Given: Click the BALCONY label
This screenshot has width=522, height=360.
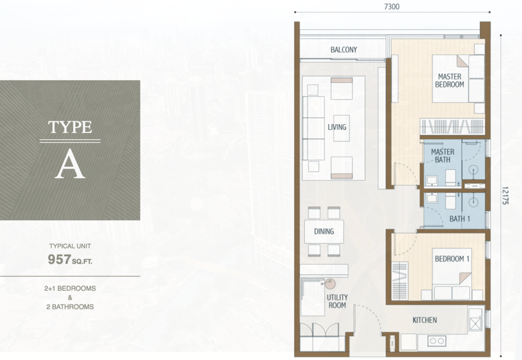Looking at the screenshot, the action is (344, 50).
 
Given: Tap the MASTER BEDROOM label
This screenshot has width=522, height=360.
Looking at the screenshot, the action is (450, 81).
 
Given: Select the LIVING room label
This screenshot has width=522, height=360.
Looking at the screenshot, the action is (337, 127).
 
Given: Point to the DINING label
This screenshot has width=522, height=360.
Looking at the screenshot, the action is (324, 232).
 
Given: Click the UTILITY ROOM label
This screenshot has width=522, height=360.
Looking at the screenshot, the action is (337, 301).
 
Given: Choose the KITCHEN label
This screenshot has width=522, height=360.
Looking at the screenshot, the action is (425, 320).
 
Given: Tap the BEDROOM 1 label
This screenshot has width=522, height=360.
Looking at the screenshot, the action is (452, 259).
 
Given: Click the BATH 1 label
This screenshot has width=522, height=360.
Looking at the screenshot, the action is (460, 219).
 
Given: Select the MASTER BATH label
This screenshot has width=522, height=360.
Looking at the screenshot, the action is (442, 156).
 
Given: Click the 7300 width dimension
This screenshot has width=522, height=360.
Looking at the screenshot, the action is (392, 7).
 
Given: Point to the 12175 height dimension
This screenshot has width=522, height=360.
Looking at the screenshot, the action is (505, 196).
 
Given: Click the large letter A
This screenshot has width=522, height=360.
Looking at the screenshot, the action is (70, 164).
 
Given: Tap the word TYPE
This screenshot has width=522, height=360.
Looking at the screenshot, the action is (70, 127).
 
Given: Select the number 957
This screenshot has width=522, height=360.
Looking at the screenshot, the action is (59, 259).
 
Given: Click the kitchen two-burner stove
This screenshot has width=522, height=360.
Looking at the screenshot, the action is (437, 340).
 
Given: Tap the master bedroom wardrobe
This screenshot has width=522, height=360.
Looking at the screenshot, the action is (452, 127).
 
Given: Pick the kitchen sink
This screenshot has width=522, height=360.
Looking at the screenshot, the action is (475, 320).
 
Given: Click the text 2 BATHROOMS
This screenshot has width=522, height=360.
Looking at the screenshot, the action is (70, 307).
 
